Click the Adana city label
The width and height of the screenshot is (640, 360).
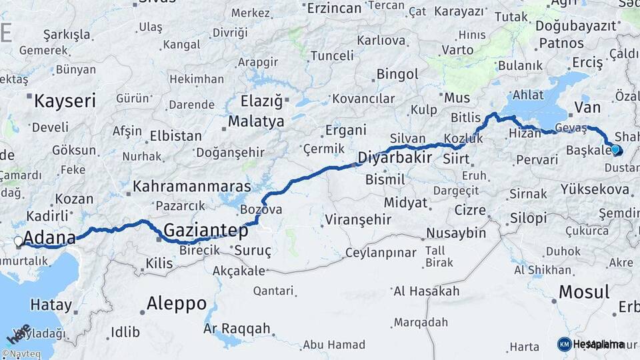(49, 238)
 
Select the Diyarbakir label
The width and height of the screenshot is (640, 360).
(395, 158)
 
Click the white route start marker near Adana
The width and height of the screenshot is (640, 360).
(19, 241)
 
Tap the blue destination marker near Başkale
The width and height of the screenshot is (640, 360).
(615, 150)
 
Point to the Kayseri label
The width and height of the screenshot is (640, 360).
(65, 101)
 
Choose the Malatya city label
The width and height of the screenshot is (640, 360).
(256, 122)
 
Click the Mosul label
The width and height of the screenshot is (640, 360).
(583, 292)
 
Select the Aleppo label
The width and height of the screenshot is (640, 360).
(177, 304)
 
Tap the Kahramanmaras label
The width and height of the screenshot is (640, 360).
(192, 187)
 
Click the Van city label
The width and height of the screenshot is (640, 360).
(587, 107)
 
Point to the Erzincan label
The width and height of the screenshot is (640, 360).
(333, 8)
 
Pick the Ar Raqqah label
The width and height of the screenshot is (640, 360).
(237, 329)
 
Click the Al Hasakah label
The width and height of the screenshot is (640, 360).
(427, 291)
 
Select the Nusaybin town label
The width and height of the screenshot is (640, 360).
(456, 233)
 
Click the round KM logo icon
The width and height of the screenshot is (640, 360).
(564, 344)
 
